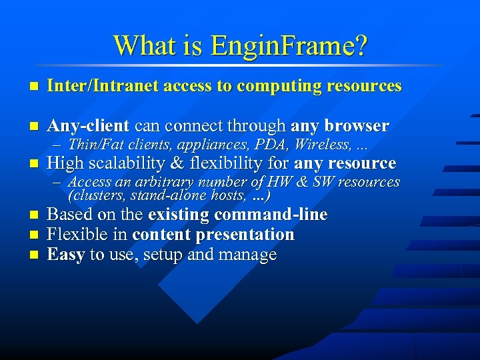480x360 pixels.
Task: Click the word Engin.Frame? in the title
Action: pyautogui.click(x=289, y=45)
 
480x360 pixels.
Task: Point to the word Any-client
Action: pyautogui.click(x=89, y=126)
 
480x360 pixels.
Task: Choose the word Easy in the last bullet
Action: pyautogui.click(x=66, y=255)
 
